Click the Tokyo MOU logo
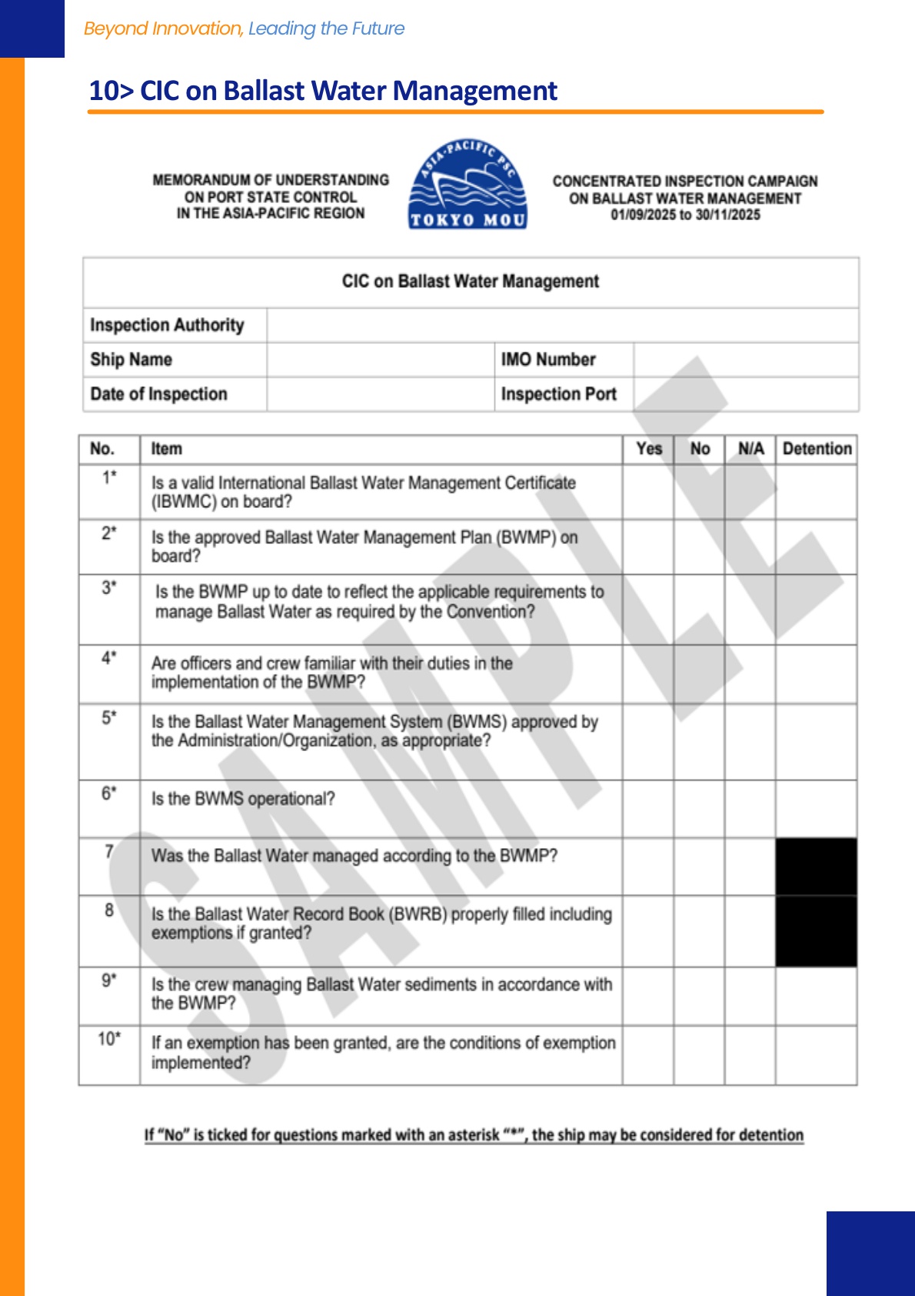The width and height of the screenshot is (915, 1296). (x=467, y=185)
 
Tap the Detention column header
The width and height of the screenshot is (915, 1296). (x=817, y=449)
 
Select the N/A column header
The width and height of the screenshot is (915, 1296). (x=750, y=449)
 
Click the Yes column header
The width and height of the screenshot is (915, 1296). (x=649, y=449)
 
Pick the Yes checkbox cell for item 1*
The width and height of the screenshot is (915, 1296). (x=649, y=493)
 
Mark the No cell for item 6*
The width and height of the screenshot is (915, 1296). (x=700, y=809)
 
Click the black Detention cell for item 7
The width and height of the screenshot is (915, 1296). (x=817, y=867)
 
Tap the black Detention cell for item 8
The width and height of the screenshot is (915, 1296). (x=817, y=931)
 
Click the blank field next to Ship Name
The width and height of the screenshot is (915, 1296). (x=381, y=359)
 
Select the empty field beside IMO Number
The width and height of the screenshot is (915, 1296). (x=746, y=359)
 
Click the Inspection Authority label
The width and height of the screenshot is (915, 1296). (x=167, y=326)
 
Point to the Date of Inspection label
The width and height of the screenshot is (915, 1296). (x=158, y=394)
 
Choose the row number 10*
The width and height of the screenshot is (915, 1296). (x=109, y=1039)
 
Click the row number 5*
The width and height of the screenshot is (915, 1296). (x=109, y=717)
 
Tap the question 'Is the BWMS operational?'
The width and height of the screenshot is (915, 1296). (x=243, y=799)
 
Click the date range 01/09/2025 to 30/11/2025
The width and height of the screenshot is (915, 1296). (x=685, y=215)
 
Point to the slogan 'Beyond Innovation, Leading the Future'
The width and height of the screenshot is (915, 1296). (x=244, y=28)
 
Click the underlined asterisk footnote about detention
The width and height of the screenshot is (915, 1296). (x=474, y=1135)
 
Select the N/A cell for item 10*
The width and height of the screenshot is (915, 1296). (x=750, y=1055)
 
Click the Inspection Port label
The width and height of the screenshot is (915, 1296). (x=558, y=394)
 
